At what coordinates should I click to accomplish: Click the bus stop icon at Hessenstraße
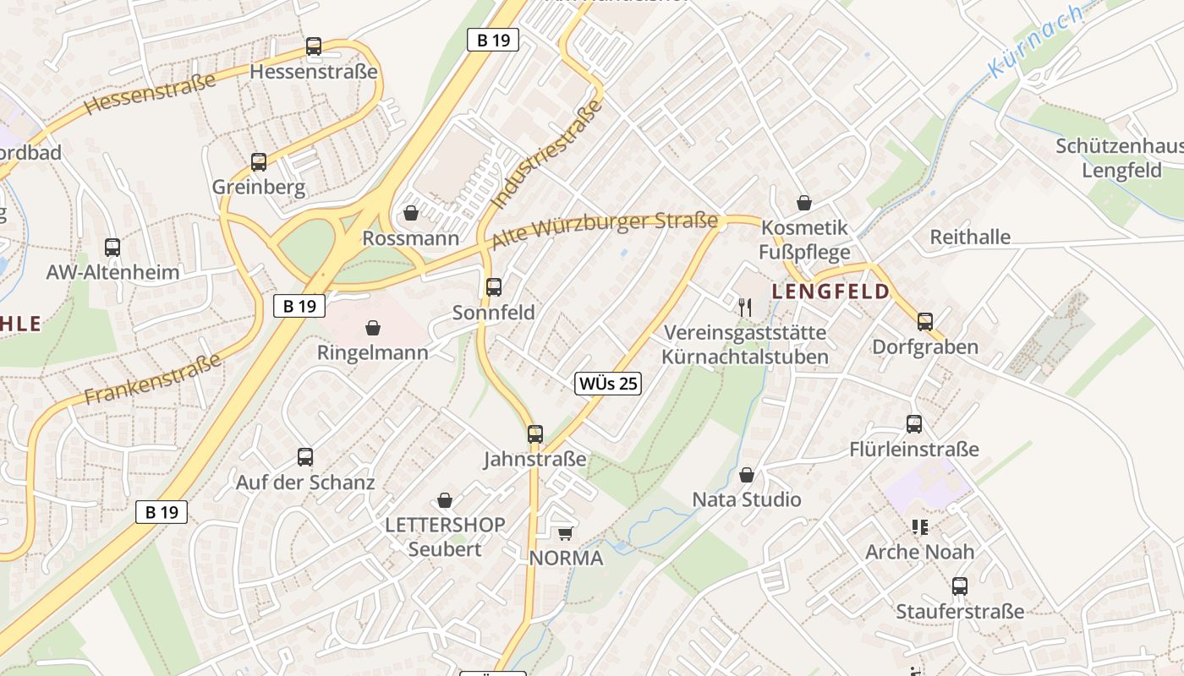click(x=314, y=46)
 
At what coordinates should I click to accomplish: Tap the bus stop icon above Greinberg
click(x=259, y=161)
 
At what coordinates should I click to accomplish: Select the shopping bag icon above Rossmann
click(x=411, y=213)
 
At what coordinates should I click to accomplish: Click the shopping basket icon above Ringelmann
click(x=373, y=327)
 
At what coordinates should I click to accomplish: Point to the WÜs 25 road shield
click(x=608, y=384)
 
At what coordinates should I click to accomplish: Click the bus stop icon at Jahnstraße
click(x=535, y=434)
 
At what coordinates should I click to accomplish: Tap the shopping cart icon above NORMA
click(x=566, y=533)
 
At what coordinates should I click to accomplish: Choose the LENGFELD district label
click(x=830, y=292)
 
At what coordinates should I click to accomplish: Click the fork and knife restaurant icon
click(x=745, y=308)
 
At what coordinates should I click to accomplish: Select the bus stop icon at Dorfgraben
click(x=925, y=322)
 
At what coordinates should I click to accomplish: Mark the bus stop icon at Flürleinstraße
click(x=914, y=424)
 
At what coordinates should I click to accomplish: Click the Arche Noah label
click(x=919, y=552)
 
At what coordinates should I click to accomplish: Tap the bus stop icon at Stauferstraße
click(x=960, y=586)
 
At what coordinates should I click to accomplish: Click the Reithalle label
click(x=970, y=237)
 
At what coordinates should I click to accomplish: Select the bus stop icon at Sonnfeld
click(x=494, y=287)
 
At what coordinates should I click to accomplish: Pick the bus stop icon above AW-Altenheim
click(x=112, y=248)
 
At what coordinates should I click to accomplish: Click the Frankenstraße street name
click(x=152, y=379)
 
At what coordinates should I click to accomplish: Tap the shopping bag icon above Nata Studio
click(x=747, y=475)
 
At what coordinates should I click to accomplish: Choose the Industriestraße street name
click(x=547, y=153)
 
